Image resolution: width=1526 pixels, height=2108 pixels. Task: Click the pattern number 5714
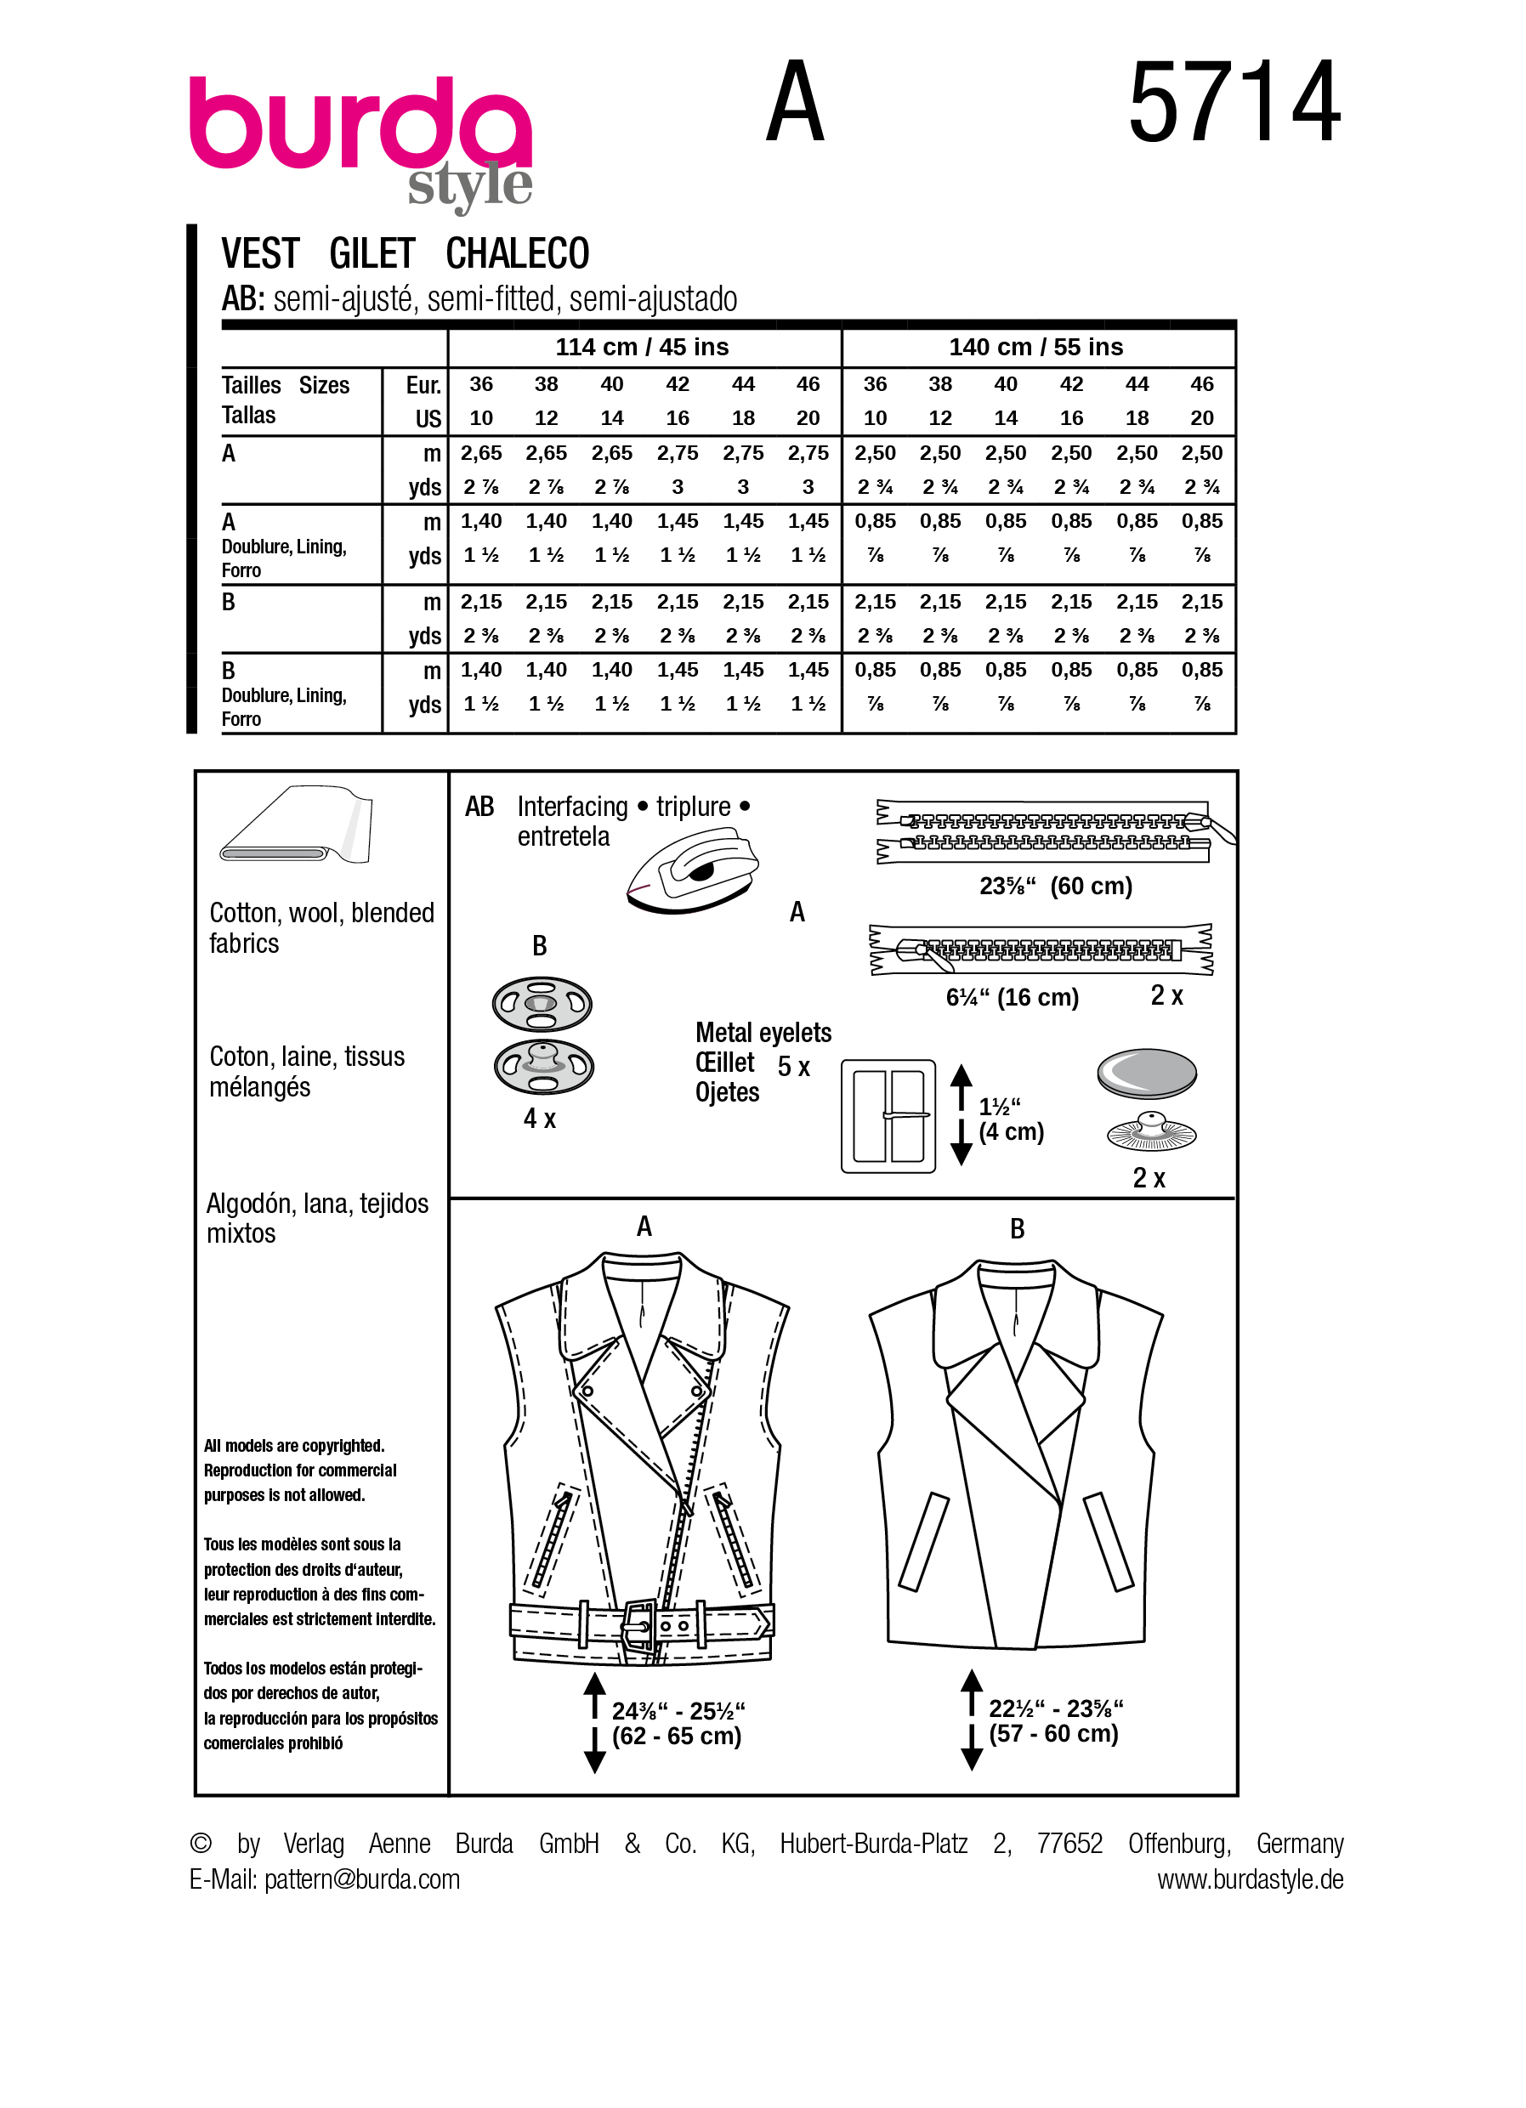[1234, 102]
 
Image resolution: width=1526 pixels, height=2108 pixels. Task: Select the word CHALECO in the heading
[517, 254]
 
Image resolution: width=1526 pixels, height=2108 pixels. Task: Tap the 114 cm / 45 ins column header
[642, 347]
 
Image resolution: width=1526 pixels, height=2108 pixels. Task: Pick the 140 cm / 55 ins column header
[1035, 347]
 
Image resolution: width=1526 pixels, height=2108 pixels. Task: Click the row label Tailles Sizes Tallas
[285, 399]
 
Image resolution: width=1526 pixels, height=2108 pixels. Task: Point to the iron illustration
[692, 871]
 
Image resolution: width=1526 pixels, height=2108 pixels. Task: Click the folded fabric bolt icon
[296, 824]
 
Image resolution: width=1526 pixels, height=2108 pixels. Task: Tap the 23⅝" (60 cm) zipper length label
[1055, 886]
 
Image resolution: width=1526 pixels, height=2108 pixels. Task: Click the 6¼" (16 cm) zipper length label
[1011, 997]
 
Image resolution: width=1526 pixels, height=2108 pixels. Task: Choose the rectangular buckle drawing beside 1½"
[888, 1115]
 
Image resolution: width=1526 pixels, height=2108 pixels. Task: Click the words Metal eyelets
[763, 1033]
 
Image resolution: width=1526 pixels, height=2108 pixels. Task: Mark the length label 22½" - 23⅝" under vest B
[1055, 1708]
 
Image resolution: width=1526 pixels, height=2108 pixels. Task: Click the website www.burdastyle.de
[1249, 1879]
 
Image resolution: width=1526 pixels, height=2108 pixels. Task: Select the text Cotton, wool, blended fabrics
[321, 927]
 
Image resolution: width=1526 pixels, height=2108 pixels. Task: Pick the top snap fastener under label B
[542, 1004]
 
